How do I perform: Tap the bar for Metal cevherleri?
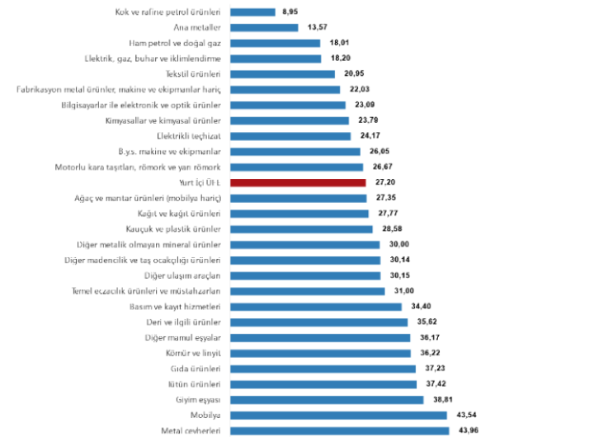point(339,430)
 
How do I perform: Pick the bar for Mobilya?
point(338,415)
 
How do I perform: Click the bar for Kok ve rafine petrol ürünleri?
point(252,12)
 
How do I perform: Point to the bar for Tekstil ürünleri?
point(282,74)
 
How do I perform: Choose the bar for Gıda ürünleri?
point(323,369)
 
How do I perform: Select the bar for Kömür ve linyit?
point(320,353)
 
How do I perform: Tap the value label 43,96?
point(465,430)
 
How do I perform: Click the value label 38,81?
point(440,399)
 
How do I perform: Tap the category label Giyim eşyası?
point(197,399)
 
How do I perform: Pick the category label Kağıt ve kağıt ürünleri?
point(182,214)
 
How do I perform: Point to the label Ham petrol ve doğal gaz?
point(174,43)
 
